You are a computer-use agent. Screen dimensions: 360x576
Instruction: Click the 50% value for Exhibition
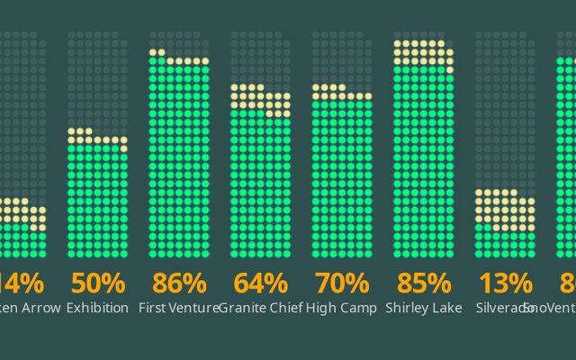point(98,283)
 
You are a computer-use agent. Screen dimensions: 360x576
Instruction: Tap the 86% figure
point(179,283)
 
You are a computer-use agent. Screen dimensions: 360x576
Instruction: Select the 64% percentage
point(260,283)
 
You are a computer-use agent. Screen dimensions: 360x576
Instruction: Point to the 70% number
point(341,283)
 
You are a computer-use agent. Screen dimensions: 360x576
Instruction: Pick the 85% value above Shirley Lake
point(422,283)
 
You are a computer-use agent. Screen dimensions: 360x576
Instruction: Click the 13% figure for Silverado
point(504,283)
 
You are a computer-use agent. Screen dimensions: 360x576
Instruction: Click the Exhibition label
point(98,308)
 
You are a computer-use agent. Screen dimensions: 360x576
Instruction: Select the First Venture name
point(178,308)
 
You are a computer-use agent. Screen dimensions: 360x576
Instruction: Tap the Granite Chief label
point(259,308)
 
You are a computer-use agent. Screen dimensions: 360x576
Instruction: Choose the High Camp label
point(341,308)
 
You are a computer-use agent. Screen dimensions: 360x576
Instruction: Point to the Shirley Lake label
point(422,308)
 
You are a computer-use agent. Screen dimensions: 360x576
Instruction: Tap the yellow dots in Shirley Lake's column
point(422,53)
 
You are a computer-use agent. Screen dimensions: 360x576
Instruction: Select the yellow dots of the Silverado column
point(504,210)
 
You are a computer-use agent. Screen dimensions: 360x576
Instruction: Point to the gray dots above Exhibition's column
point(98,81)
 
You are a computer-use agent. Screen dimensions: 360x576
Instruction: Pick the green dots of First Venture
point(179,162)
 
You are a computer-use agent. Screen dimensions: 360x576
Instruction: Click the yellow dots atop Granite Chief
point(260,99)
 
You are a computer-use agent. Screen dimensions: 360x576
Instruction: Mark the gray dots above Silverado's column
point(504,108)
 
